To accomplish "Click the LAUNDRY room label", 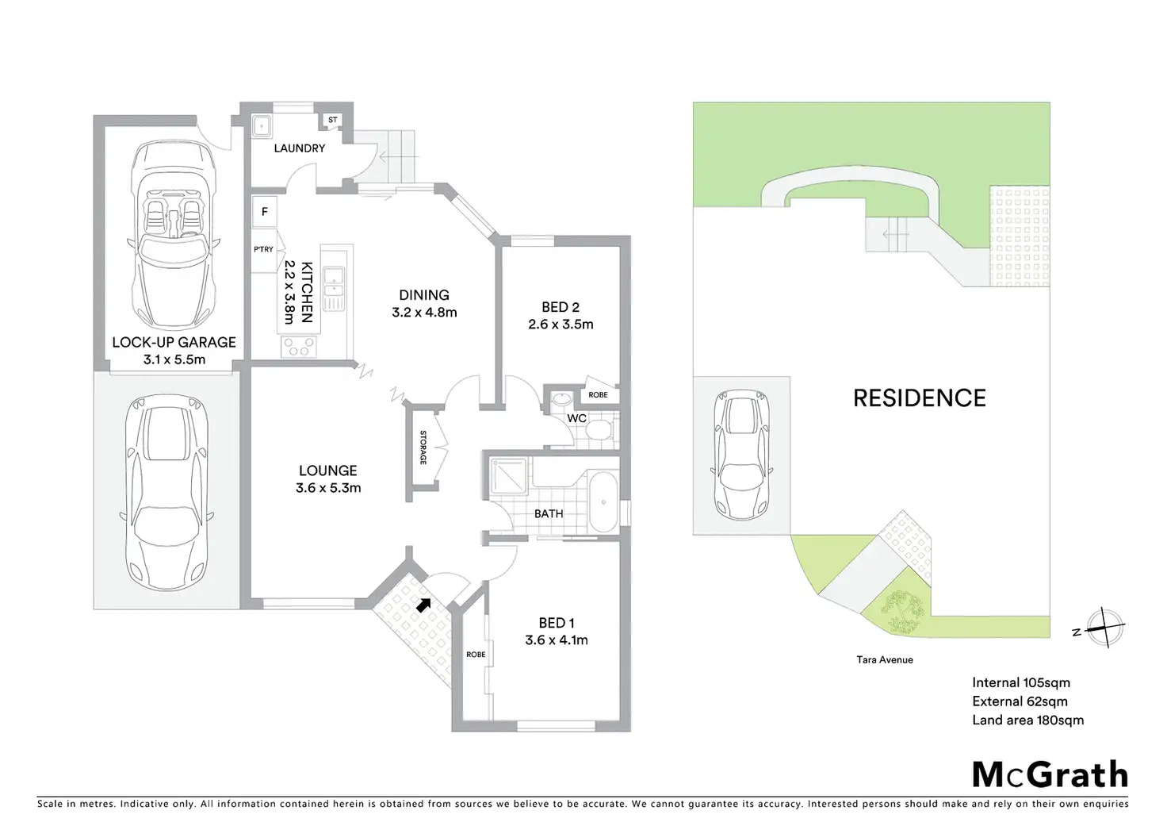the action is (299, 148).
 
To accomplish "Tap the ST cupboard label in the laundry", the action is (332, 121).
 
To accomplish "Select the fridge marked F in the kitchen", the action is (265, 212).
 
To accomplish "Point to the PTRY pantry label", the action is (263, 249).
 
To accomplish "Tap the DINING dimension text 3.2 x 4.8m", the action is (424, 313).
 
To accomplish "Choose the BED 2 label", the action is (561, 307).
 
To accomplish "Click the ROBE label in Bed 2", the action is (598, 395).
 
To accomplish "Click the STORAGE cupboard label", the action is (423, 448).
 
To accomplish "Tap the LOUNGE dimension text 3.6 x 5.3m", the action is (328, 488).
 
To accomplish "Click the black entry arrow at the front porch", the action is (425, 605).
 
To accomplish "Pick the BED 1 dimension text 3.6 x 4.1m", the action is (557, 640).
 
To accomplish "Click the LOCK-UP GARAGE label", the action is (174, 342).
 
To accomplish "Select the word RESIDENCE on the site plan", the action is (919, 398).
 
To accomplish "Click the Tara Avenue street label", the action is (884, 659).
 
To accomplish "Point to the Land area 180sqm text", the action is (1027, 720).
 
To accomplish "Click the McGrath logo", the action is (1050, 774).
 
